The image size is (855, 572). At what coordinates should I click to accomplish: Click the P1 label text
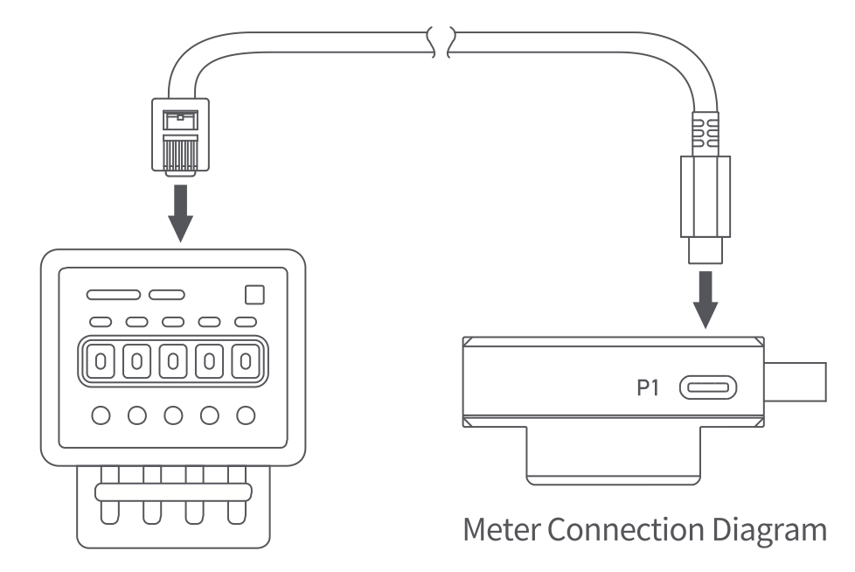[648, 386]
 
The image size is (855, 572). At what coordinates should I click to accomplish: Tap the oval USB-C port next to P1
[707, 386]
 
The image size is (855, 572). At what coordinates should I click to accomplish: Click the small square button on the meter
[254, 295]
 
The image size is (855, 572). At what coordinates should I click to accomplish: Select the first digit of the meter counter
[100, 360]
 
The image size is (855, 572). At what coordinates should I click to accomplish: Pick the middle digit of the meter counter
[173, 360]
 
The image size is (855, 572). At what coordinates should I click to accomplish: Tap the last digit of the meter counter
[247, 360]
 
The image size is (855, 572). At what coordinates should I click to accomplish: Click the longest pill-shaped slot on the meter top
[113, 295]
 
